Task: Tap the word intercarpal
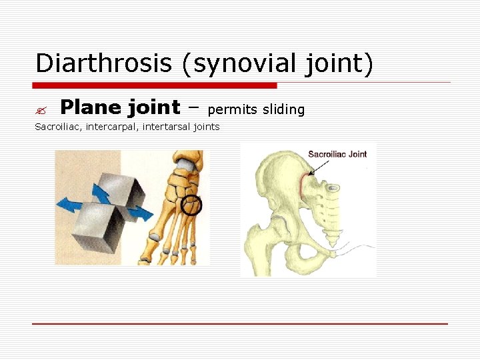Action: [x=113, y=127]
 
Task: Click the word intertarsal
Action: [x=167, y=127]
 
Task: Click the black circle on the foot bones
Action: [x=192, y=206]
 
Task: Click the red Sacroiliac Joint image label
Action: [x=337, y=155]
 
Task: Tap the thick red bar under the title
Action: [x=155, y=85]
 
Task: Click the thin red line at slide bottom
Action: [x=240, y=324]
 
